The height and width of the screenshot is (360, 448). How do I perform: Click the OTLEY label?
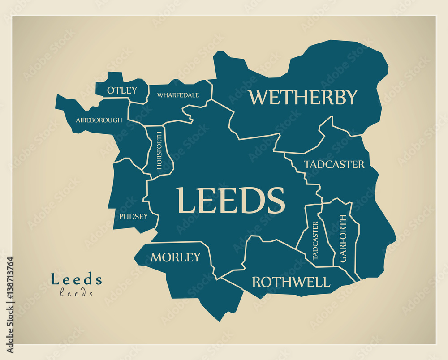tap(122, 90)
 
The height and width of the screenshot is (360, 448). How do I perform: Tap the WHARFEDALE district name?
tap(178, 95)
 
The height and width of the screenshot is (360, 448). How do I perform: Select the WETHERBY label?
tap(303, 97)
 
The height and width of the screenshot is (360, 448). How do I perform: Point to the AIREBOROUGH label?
tap(99, 120)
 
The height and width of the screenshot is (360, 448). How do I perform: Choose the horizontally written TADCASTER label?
tap(334, 164)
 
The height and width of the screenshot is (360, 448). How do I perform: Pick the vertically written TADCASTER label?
tap(315, 240)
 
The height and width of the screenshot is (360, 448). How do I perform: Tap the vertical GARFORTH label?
tap(343, 238)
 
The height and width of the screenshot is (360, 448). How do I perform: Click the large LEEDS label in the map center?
tap(230, 201)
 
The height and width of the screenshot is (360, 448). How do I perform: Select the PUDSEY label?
tap(133, 216)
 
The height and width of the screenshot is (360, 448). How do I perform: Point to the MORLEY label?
tap(176, 257)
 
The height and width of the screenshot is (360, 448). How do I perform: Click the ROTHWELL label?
tap(291, 282)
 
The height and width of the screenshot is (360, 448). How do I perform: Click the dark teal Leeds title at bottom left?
tap(77, 279)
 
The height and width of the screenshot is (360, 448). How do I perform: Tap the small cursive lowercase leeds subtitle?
tap(77, 293)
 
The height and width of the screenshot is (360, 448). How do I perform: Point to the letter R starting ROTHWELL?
tap(257, 282)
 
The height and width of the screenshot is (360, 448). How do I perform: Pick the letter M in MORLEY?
tap(156, 257)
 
